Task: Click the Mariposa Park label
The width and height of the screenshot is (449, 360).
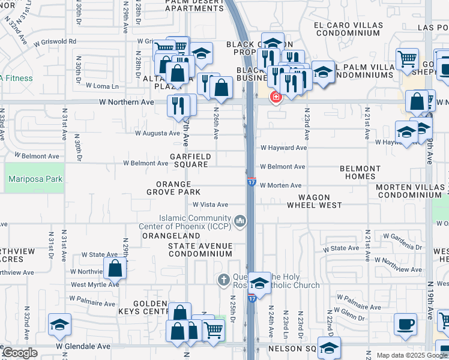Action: [x=34, y=179]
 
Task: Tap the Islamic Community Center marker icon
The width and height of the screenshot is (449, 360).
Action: [x=241, y=222]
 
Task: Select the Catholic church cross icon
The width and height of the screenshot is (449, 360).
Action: [x=223, y=279]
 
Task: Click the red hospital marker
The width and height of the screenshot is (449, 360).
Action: [x=276, y=97]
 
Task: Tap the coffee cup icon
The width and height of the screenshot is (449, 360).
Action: [x=405, y=325]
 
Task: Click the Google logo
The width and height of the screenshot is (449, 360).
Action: [x=20, y=353]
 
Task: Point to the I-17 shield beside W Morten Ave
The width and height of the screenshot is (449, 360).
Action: [x=252, y=182]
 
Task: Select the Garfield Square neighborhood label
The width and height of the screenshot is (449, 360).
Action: [x=189, y=160]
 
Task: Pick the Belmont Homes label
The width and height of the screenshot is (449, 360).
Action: [x=360, y=173]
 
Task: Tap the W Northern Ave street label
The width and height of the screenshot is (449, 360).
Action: [x=127, y=102]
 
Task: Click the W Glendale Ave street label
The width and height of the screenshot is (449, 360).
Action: [x=83, y=346]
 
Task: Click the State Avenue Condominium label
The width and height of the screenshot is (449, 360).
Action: [x=200, y=250]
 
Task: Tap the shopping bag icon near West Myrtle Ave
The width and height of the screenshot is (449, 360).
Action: [x=115, y=268]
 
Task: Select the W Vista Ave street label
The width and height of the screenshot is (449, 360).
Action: [x=210, y=205]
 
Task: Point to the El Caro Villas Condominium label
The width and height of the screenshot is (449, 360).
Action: [x=348, y=29]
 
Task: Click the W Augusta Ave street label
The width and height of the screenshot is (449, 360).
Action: [x=157, y=133]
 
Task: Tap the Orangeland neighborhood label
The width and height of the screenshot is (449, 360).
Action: [x=162, y=236]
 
